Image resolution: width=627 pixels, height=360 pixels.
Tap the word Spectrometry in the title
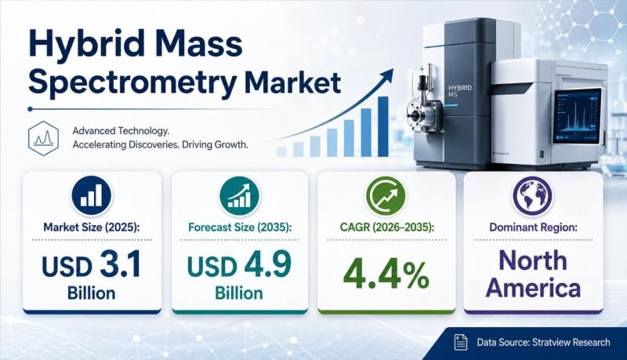coord(132,84)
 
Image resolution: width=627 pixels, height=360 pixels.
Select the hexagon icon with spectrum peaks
coord(44,138)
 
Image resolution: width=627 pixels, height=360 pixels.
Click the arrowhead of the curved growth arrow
coord(387,75)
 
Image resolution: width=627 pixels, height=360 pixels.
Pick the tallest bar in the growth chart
coord(383,126)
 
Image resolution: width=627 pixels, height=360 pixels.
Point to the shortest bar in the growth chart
coord(281,151)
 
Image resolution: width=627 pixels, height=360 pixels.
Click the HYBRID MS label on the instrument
coord(460,91)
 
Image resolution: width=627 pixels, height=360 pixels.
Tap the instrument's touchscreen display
coord(578,116)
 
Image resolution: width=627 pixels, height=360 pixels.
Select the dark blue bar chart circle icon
coord(92,196)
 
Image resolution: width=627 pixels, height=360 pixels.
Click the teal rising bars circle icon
coord(240,196)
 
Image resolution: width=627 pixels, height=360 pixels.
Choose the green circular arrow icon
coord(386,196)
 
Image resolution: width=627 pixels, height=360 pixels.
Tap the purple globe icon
coord(532,196)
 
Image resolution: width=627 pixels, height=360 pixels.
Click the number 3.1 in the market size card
coord(121,265)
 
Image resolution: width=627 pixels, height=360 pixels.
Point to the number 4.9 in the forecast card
coord(269,265)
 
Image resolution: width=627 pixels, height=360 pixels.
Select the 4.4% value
coord(386,275)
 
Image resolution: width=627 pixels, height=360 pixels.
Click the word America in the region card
coord(534,289)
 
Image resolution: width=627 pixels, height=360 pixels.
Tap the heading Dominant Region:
coord(534,227)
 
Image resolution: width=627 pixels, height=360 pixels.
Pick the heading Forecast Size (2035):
coord(240,227)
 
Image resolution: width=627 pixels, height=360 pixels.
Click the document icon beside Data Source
coord(461,343)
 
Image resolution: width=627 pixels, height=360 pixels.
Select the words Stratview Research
coord(571,343)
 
